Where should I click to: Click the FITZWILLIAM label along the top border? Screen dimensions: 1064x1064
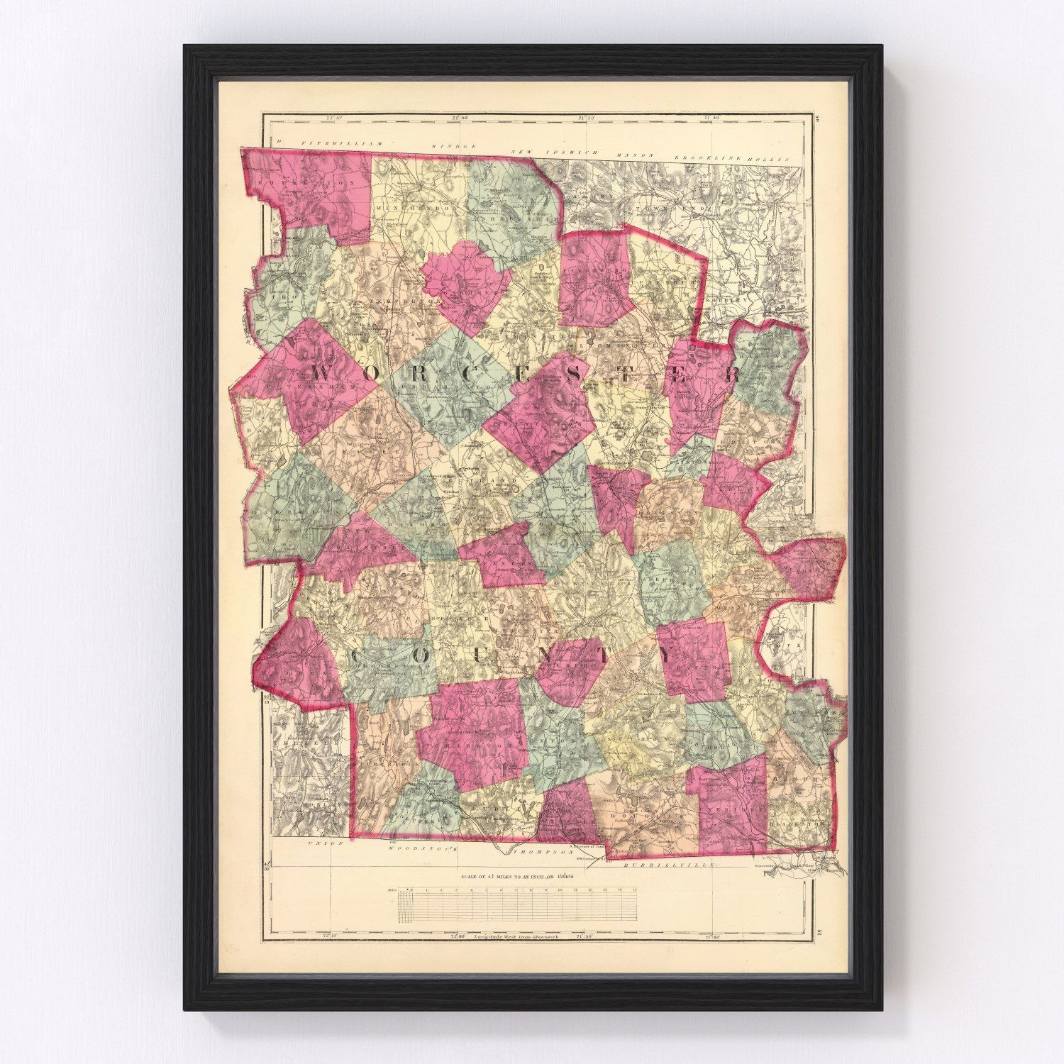pos(341,144)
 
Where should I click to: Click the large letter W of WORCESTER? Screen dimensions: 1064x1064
pos(328,372)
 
